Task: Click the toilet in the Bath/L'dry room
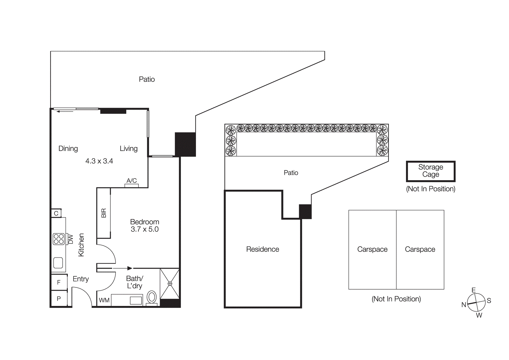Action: pyautogui.click(x=152, y=297)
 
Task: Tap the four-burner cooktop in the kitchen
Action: pyautogui.click(x=59, y=239)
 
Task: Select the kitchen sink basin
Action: pyautogui.click(x=58, y=263)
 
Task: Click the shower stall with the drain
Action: pyautogui.click(x=170, y=284)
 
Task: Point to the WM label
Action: pyautogui.click(x=104, y=300)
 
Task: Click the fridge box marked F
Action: pyautogui.click(x=59, y=282)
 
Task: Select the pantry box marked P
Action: pyautogui.click(x=59, y=299)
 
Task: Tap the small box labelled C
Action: pyautogui.click(x=56, y=213)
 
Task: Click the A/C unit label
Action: pyautogui.click(x=131, y=181)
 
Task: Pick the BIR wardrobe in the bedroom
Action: pyautogui.click(x=104, y=213)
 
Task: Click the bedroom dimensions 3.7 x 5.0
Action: pyautogui.click(x=144, y=229)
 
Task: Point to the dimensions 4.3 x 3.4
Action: pyautogui.click(x=99, y=161)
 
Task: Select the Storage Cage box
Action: pyautogui.click(x=430, y=171)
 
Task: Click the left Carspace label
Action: pyautogui.click(x=372, y=249)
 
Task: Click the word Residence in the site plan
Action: pyautogui.click(x=262, y=249)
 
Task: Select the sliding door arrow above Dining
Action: pyautogui.click(x=65, y=111)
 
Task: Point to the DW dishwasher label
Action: pyautogui.click(x=71, y=239)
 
